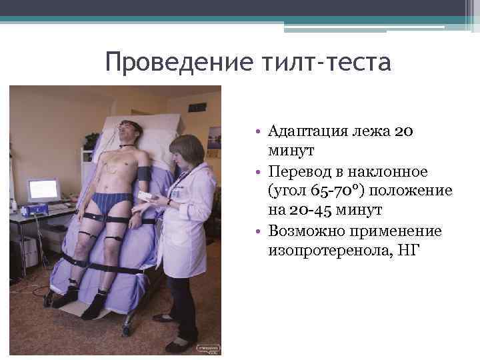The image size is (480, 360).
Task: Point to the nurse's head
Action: point(186,151)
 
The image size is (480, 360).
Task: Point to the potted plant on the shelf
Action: point(91,141)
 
